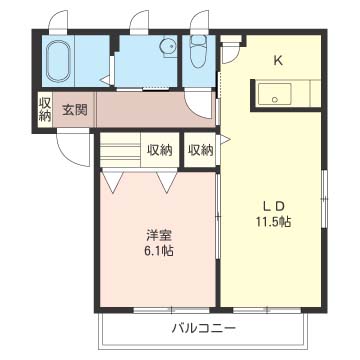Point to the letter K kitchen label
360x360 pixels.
pyautogui.click(x=279, y=59)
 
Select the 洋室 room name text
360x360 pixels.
pyautogui.click(x=158, y=235)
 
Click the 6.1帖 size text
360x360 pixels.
pyautogui.click(x=158, y=251)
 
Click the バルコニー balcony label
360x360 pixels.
pyautogui.click(x=202, y=328)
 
